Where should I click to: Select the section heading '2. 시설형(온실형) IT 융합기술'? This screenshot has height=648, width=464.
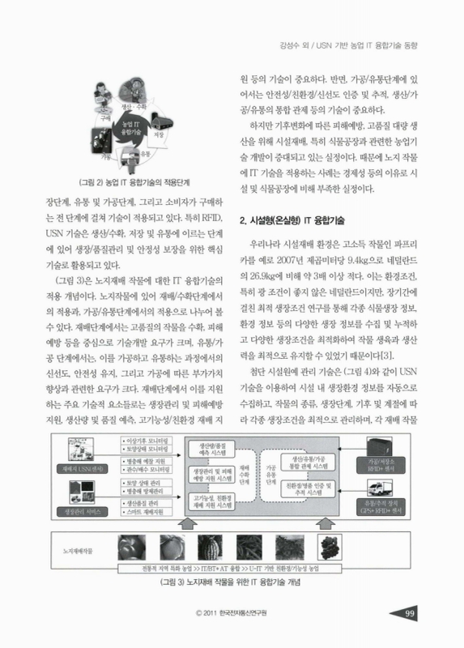point(293,220)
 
